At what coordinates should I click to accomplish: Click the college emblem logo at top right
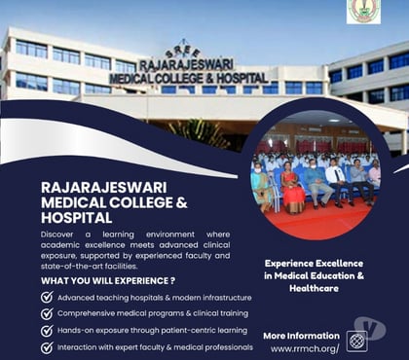(363, 11)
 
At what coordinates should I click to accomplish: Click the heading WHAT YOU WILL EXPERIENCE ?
(107, 280)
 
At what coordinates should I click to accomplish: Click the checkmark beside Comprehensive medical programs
(47, 313)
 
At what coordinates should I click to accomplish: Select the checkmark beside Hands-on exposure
(47, 330)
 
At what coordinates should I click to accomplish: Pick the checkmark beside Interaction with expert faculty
(47, 346)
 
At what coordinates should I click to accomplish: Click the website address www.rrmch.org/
(304, 348)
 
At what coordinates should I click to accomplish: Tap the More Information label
(301, 335)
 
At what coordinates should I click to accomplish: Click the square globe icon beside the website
(356, 342)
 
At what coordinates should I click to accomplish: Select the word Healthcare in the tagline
(314, 289)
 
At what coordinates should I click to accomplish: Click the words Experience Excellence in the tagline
(314, 263)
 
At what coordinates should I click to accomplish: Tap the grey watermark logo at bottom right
(370, 328)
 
